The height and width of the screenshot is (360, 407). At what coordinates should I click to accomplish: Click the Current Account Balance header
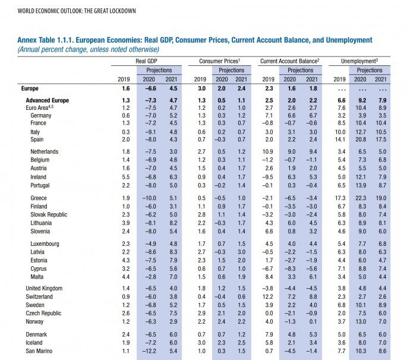point(291,61)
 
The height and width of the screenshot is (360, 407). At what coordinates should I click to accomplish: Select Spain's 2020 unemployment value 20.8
point(361,138)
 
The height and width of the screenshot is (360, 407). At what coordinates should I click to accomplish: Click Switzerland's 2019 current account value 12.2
point(268,296)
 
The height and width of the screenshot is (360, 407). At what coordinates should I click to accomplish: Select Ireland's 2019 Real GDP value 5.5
point(125,177)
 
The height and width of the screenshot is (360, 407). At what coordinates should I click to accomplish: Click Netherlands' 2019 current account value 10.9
point(268,152)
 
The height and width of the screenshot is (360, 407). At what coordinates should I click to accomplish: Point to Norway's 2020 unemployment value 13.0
point(361,321)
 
